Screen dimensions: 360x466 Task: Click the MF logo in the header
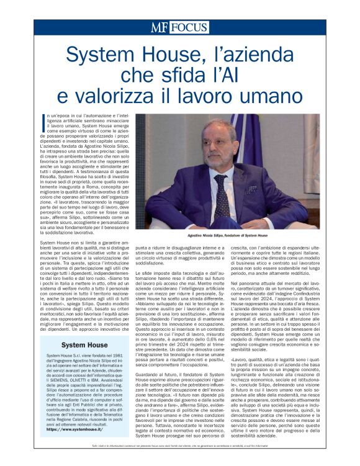pyautogui.click(x=159, y=27)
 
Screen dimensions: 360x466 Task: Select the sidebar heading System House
pyautogui.click(x=84, y=362)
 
